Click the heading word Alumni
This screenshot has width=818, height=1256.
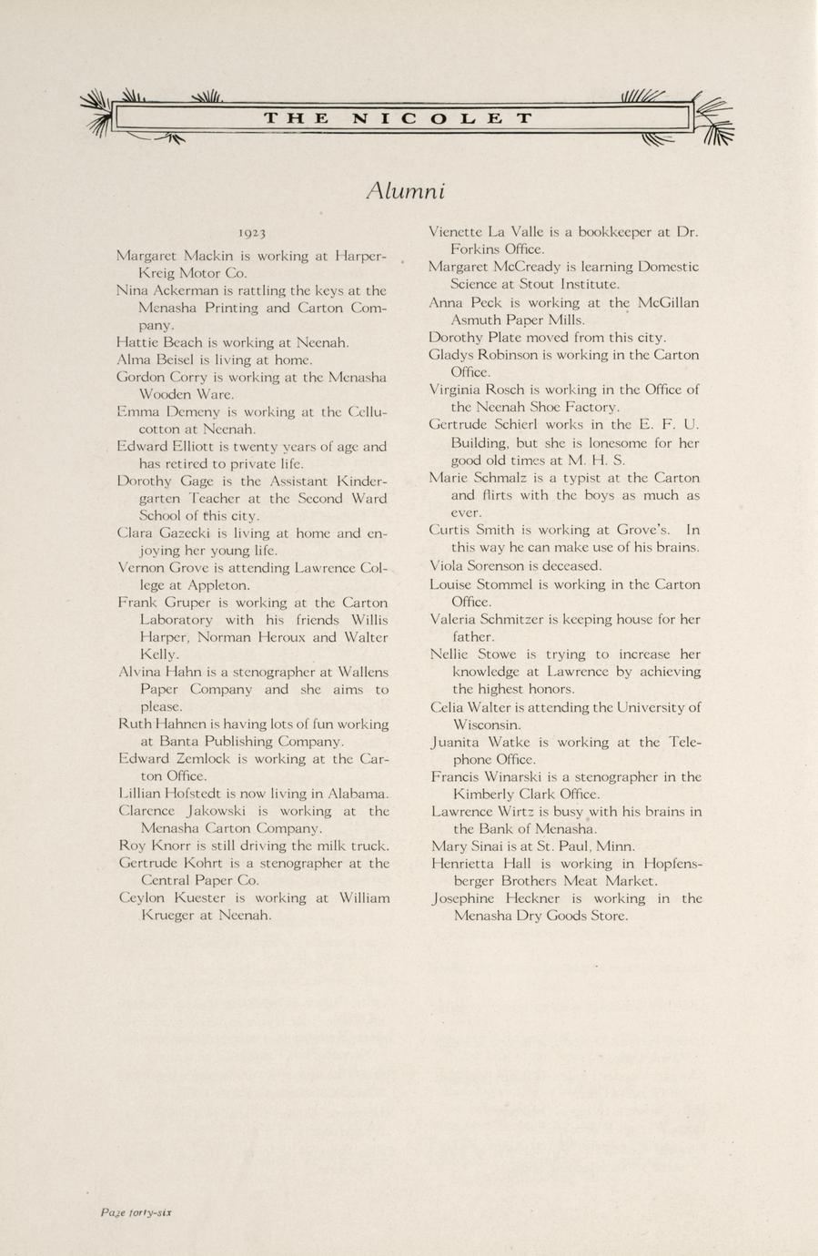(406, 191)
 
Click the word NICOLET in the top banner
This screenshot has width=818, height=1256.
(441, 118)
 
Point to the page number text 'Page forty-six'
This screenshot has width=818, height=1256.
(136, 1212)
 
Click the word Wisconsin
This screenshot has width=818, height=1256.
(486, 725)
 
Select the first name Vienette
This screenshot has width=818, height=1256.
(458, 232)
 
